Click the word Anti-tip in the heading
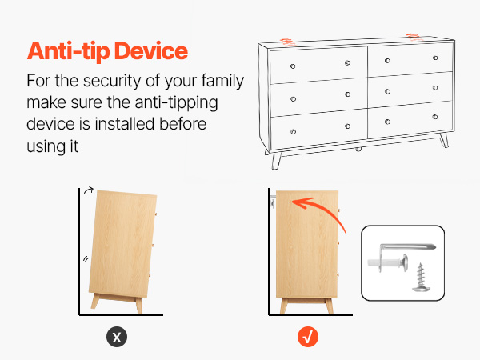tap(68, 51)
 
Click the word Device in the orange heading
tap(151, 50)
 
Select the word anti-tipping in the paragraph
tap(176, 103)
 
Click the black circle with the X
tap(117, 337)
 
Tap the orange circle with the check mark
tap(308, 337)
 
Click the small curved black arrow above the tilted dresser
tap(89, 190)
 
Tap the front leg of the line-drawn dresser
tap(276, 161)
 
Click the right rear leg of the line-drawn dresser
tap(444, 140)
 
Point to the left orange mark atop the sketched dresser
tap(288, 42)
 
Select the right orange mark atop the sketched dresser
tap(414, 38)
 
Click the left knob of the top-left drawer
tap(293, 66)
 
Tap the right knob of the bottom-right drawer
tap(435, 117)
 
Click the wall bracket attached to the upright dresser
tap(273, 202)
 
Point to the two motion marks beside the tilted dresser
tap(86, 259)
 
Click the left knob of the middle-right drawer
tap(387, 91)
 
